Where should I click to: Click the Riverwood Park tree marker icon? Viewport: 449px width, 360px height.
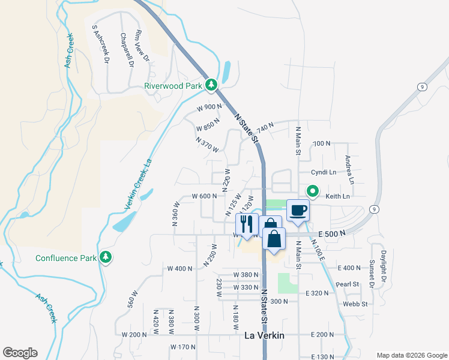pyautogui.click(x=211, y=86)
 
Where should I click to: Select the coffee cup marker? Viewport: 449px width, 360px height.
pyautogui.click(x=298, y=210)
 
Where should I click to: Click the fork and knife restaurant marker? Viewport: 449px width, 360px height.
pyautogui.click(x=247, y=224)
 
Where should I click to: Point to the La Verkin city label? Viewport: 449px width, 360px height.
pyautogui.click(x=264, y=335)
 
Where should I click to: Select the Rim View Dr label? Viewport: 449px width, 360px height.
pyautogui.click(x=142, y=46)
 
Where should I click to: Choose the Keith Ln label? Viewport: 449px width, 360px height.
pyautogui.click(x=337, y=196)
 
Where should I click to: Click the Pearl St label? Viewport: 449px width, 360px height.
pyautogui.click(x=347, y=284)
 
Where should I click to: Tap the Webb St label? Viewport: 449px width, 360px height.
pyautogui.click(x=356, y=304)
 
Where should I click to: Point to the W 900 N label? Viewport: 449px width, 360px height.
pyautogui.click(x=209, y=107)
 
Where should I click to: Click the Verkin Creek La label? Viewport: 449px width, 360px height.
pyautogui.click(x=138, y=183)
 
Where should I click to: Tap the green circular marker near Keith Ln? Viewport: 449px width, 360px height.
pyautogui.click(x=313, y=191)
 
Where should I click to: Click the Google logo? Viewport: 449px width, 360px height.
pyautogui.click(x=20, y=353)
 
